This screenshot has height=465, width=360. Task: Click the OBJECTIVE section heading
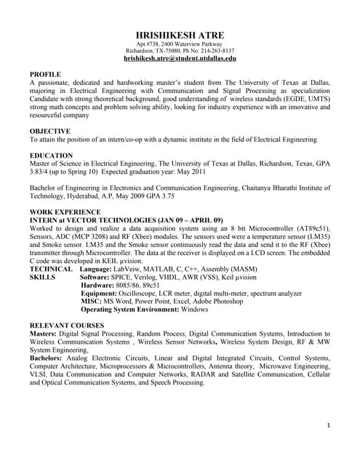click(50, 131)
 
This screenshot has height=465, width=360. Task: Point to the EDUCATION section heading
click(51, 155)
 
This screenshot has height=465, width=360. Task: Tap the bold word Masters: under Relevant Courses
click(44, 333)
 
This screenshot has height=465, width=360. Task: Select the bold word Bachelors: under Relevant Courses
click(48, 357)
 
